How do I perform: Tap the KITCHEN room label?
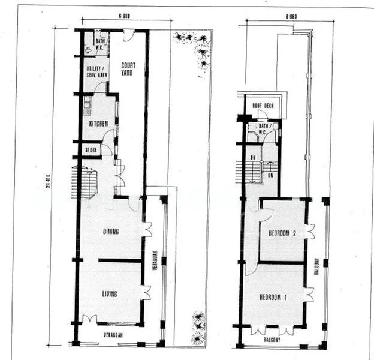[x=98, y=124]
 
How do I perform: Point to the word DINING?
[x=110, y=232]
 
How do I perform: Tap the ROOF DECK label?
[x=262, y=106]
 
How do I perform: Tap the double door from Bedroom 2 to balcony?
[x=309, y=231]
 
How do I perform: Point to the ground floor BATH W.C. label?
[x=100, y=43]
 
